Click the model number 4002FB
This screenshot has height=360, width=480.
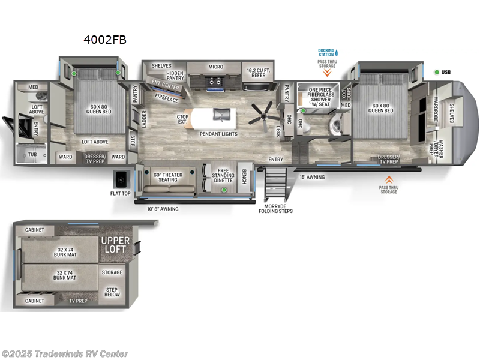(105, 40)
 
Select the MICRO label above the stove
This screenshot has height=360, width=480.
(216, 67)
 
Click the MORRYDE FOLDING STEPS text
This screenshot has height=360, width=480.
(276, 208)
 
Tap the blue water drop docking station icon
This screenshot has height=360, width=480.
(337, 52)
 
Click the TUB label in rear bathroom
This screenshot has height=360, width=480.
(31, 154)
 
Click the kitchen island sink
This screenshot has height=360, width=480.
(221, 114)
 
